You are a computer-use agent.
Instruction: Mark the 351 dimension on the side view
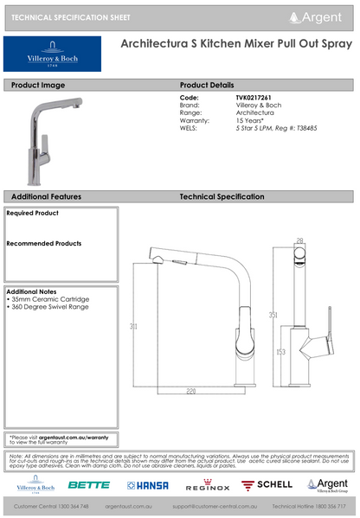[273, 314]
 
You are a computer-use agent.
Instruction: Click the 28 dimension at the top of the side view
[299, 240]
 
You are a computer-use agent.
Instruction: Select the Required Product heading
[33, 212]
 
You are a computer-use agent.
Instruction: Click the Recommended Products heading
[44, 243]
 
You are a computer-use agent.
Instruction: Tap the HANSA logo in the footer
[147, 485]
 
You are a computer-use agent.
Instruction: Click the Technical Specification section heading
[228, 197]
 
